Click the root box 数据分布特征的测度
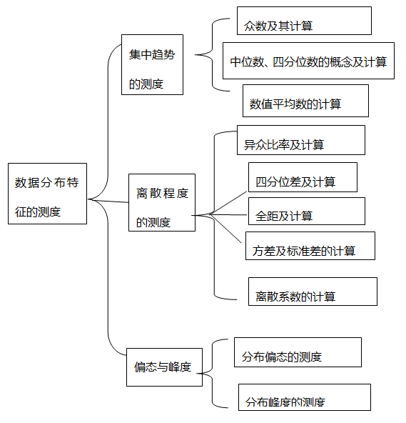pos(47,194)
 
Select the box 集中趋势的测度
pos(152,64)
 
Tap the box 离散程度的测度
pos(162,202)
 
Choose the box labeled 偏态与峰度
pos(164,367)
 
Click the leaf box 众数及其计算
pos(304,21)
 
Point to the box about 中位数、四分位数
pos(308,61)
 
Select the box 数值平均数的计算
pos(305,101)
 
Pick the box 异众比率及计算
pos(301,140)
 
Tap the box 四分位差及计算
pos(303,177)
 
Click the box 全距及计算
pos(307,211)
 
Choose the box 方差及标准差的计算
pos(310,246)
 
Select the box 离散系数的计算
pos(313,292)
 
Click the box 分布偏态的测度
pos(298,352)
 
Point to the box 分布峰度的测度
pos(305,397)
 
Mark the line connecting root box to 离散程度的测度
pos(108,201)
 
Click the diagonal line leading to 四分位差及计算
pos(228,203)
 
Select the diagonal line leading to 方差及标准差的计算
pos(225,229)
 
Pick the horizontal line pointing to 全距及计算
pos(228,215)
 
